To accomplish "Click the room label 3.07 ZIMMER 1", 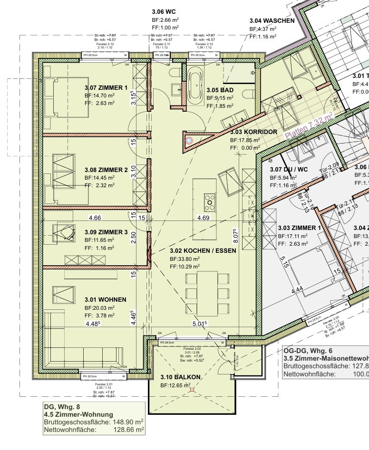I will (x=106, y=87).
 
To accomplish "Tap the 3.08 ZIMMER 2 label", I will (x=106, y=170).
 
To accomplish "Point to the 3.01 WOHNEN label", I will (x=105, y=299).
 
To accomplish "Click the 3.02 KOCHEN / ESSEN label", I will (x=203, y=250).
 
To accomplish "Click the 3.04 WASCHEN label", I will (x=272, y=21).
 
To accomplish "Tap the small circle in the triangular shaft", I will (x=189, y=141).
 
